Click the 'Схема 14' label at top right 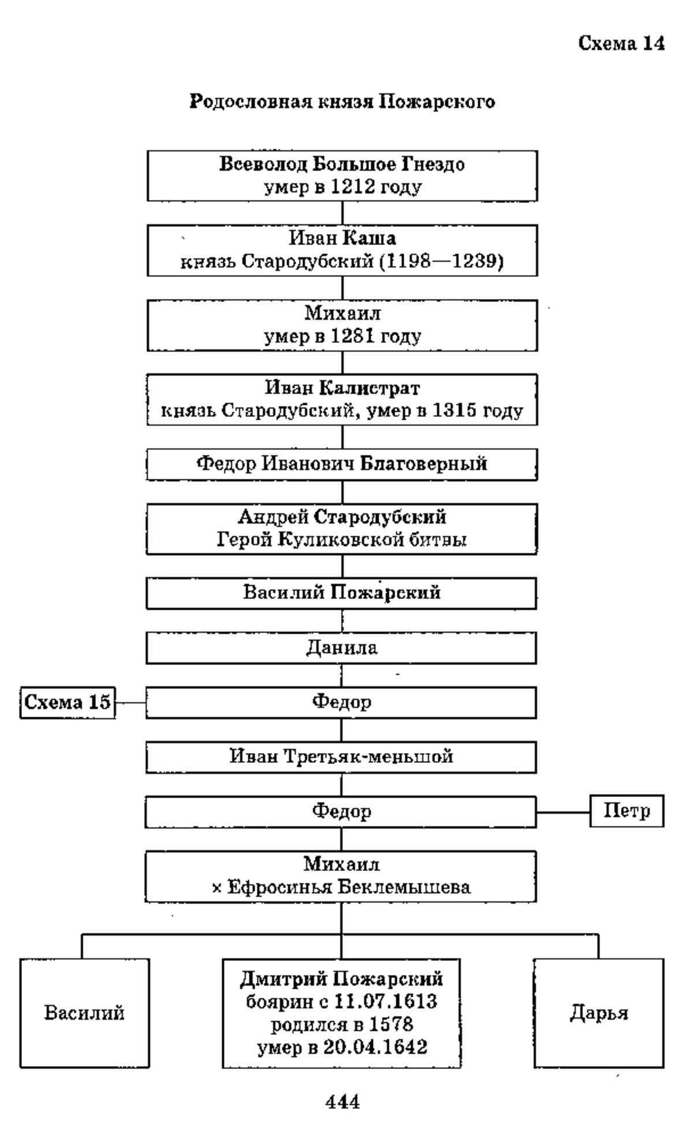621,43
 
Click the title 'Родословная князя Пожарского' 342,102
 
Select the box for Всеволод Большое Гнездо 342,176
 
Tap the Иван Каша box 342,251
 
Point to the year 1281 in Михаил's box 353,336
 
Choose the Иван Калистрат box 342,400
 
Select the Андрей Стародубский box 342,529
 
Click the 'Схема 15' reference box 68,703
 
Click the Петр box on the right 627,811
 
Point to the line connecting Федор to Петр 563,812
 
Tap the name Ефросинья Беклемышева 349,887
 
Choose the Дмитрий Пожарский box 342,1014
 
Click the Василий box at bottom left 84,1014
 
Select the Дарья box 599,1014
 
